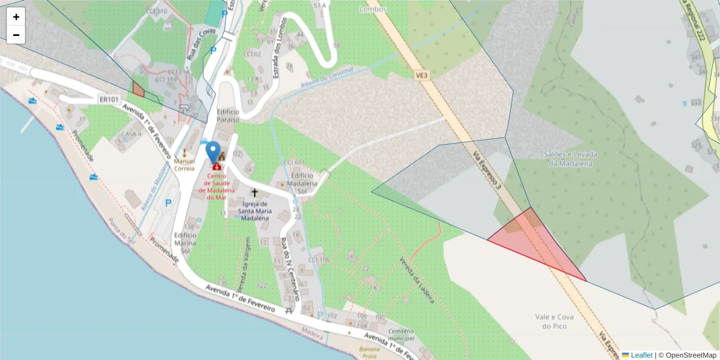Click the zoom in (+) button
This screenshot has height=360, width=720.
(x=16, y=17)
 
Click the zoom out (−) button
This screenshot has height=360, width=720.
(x=16, y=35)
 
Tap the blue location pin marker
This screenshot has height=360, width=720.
(x=212, y=152)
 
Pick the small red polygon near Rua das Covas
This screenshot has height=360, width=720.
(x=139, y=90)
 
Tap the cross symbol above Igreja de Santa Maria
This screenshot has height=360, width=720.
(x=254, y=193)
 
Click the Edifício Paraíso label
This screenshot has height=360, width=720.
(x=228, y=115)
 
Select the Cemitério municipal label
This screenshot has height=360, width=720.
(x=401, y=334)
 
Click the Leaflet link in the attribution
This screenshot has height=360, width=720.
(x=641, y=355)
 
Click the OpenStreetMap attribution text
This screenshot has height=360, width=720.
(x=688, y=355)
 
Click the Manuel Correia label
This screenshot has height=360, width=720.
(x=184, y=164)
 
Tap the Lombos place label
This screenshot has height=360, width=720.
(x=373, y=9)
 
